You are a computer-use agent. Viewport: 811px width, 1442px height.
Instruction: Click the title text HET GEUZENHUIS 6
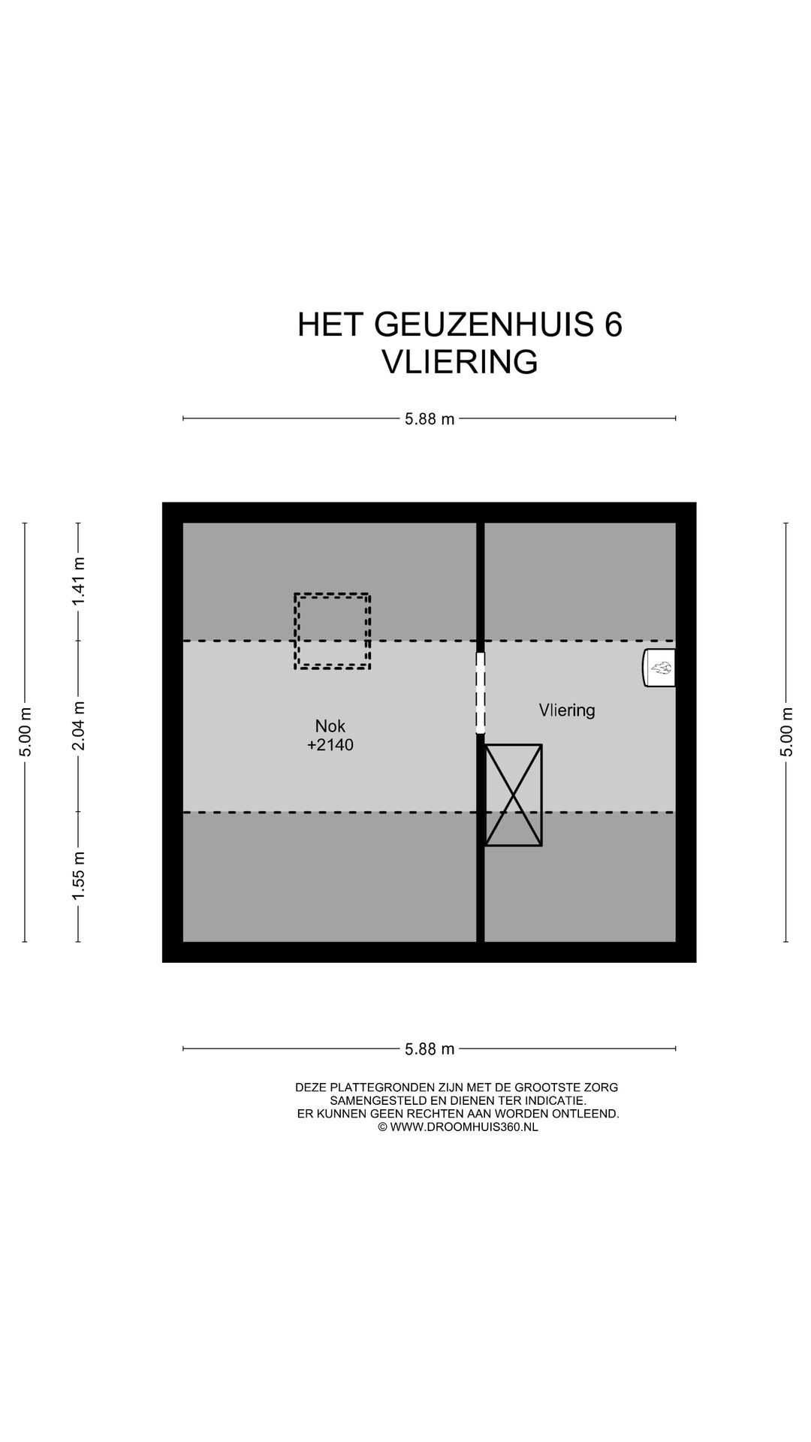pyautogui.click(x=460, y=325)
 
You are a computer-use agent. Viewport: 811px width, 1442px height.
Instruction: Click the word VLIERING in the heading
pyautogui.click(x=460, y=362)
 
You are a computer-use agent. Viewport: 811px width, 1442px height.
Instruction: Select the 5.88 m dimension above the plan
pyautogui.click(x=430, y=419)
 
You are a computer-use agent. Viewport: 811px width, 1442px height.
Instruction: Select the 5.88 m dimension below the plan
pyautogui.click(x=430, y=1049)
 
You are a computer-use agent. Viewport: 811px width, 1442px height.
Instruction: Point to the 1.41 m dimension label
pyautogui.click(x=78, y=581)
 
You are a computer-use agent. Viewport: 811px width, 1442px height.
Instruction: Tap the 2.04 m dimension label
pyautogui.click(x=78, y=726)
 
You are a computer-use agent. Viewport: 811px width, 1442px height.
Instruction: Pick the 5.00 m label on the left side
pyautogui.click(x=25, y=732)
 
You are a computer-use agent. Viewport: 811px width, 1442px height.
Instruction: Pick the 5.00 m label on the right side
pyautogui.click(x=786, y=732)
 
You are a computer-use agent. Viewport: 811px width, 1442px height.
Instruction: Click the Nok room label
pyautogui.click(x=330, y=726)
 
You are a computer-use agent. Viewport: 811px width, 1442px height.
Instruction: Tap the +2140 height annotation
pyautogui.click(x=330, y=746)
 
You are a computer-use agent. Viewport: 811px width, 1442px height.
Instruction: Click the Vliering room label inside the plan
pyautogui.click(x=566, y=710)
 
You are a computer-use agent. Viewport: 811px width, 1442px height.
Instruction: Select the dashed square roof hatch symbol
pyautogui.click(x=332, y=631)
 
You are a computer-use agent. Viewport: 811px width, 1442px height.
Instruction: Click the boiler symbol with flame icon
pyautogui.click(x=659, y=668)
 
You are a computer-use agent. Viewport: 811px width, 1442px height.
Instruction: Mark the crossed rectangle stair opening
pyautogui.click(x=513, y=795)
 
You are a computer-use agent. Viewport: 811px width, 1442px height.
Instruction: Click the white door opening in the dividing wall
pyautogui.click(x=481, y=692)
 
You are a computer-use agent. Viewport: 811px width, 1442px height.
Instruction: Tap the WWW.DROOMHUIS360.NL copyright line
pyautogui.click(x=458, y=1127)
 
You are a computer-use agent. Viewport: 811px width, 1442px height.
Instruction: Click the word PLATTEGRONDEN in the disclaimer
pyautogui.click(x=378, y=1088)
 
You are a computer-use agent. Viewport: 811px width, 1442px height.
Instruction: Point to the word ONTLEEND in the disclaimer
pyautogui.click(x=591, y=1114)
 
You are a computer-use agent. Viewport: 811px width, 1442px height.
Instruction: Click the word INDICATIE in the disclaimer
pyautogui.click(x=554, y=1100)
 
